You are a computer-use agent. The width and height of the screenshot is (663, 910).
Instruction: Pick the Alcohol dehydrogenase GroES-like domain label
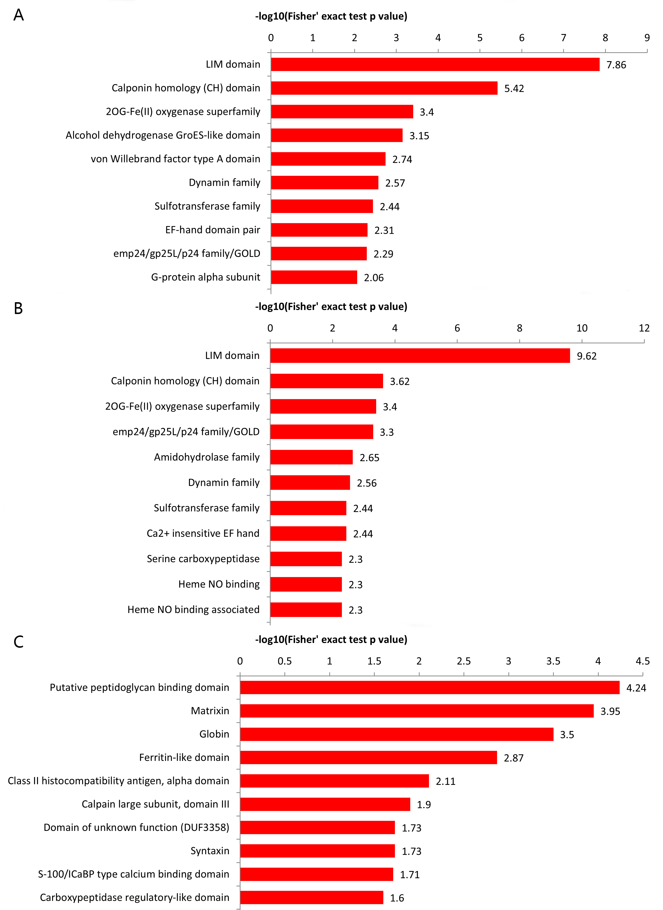(163, 136)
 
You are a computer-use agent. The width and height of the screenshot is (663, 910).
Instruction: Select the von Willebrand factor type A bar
(328, 159)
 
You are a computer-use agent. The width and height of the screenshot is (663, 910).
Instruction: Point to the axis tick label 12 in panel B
(644, 329)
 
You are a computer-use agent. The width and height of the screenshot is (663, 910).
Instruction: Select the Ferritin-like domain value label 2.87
(514, 758)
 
